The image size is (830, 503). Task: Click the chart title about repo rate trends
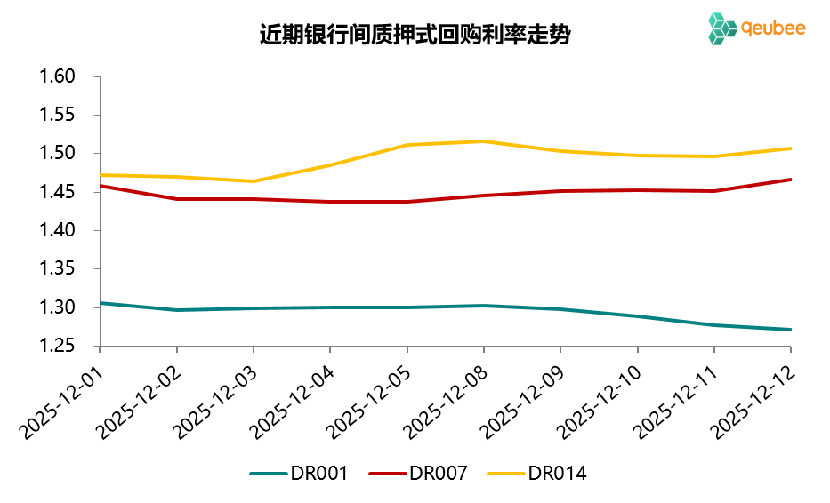(x=415, y=36)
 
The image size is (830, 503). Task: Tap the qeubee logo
(x=757, y=28)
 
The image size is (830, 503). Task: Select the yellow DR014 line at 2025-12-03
(x=253, y=181)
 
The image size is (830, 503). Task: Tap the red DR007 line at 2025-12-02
(x=176, y=199)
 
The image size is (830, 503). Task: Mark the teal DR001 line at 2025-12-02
(x=176, y=310)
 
